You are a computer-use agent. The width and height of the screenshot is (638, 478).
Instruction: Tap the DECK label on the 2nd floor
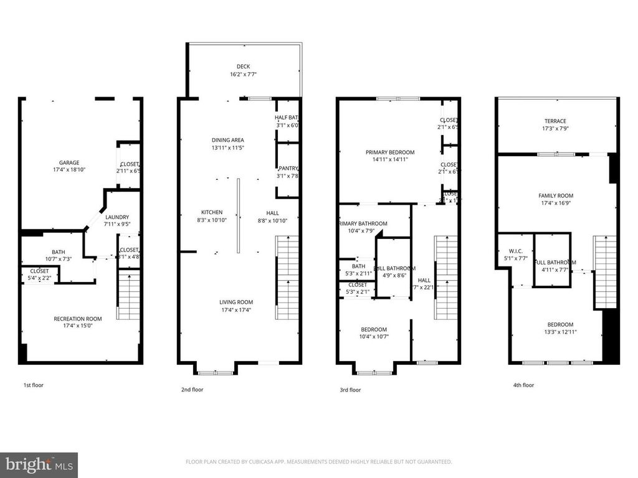(242, 67)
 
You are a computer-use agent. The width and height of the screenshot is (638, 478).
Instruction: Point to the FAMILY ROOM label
(556, 195)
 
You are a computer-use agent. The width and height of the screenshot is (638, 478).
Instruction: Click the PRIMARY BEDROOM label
(389, 152)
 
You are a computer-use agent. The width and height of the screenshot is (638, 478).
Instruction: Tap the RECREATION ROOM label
(77, 319)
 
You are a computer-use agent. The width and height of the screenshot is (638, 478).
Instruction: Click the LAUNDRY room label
(117, 217)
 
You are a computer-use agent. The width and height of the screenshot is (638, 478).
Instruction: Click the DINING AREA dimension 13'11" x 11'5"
(227, 148)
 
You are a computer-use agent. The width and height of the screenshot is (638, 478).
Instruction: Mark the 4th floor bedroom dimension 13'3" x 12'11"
(560, 332)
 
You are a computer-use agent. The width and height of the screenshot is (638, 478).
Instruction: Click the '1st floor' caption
(34, 385)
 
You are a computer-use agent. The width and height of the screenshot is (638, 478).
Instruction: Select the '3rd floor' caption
(350, 390)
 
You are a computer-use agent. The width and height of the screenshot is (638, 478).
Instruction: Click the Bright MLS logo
(39, 464)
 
